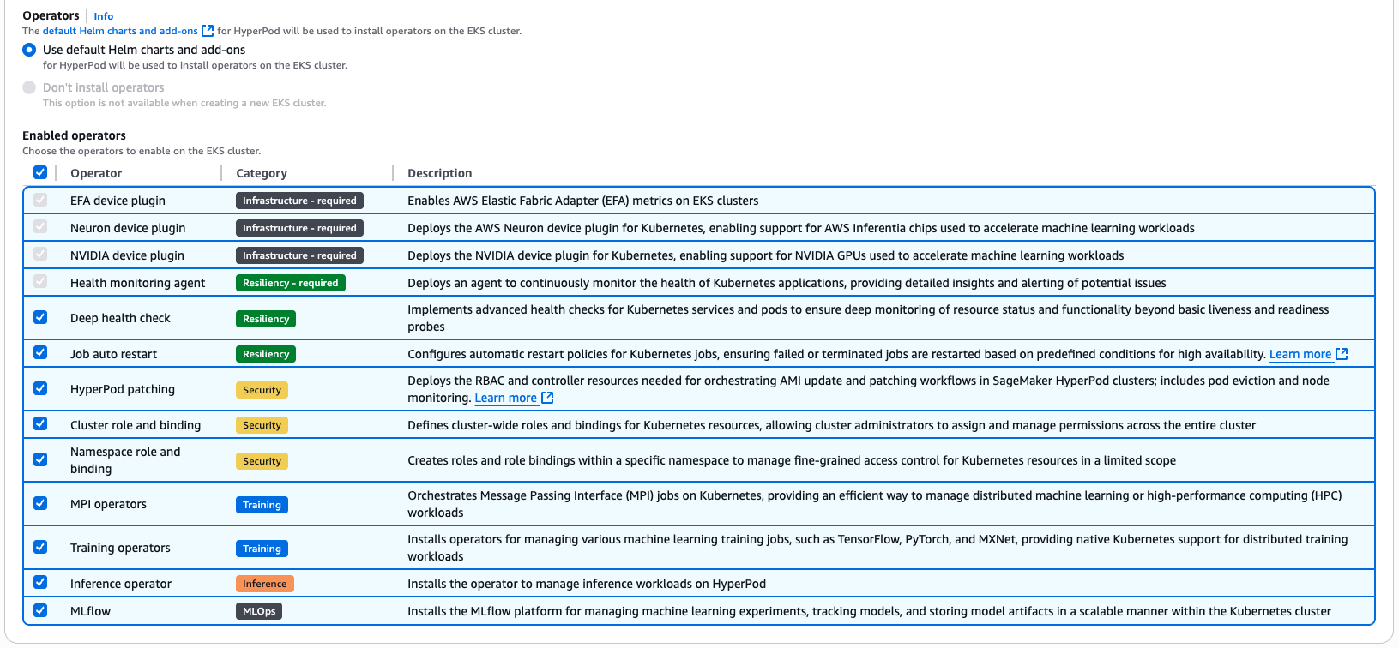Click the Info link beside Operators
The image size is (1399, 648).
pos(103,16)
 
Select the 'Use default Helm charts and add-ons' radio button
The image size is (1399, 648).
pos(29,50)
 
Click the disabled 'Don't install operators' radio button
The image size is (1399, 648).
pos(29,87)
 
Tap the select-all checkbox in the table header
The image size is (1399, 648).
pos(40,172)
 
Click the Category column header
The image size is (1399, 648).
pos(262,173)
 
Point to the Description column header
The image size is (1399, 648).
pos(439,173)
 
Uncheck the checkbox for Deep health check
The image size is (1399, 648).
pos(40,317)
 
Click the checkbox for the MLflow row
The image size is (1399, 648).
pos(40,610)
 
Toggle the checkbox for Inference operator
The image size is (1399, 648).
pos(40,583)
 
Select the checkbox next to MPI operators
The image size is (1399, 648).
pos(40,503)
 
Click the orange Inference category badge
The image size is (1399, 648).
pos(264,584)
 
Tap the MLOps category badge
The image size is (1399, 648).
pos(259,611)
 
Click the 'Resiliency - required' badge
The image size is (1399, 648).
pos(290,283)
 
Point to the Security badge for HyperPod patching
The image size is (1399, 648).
pos(262,390)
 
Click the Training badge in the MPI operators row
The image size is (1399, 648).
pos(262,505)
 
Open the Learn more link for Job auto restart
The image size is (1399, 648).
pos(1300,354)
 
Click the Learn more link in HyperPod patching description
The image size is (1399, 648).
pos(506,398)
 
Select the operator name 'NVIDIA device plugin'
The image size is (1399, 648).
pos(127,255)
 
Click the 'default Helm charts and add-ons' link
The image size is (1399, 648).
pos(120,31)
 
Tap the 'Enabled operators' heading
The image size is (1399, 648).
pos(74,135)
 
